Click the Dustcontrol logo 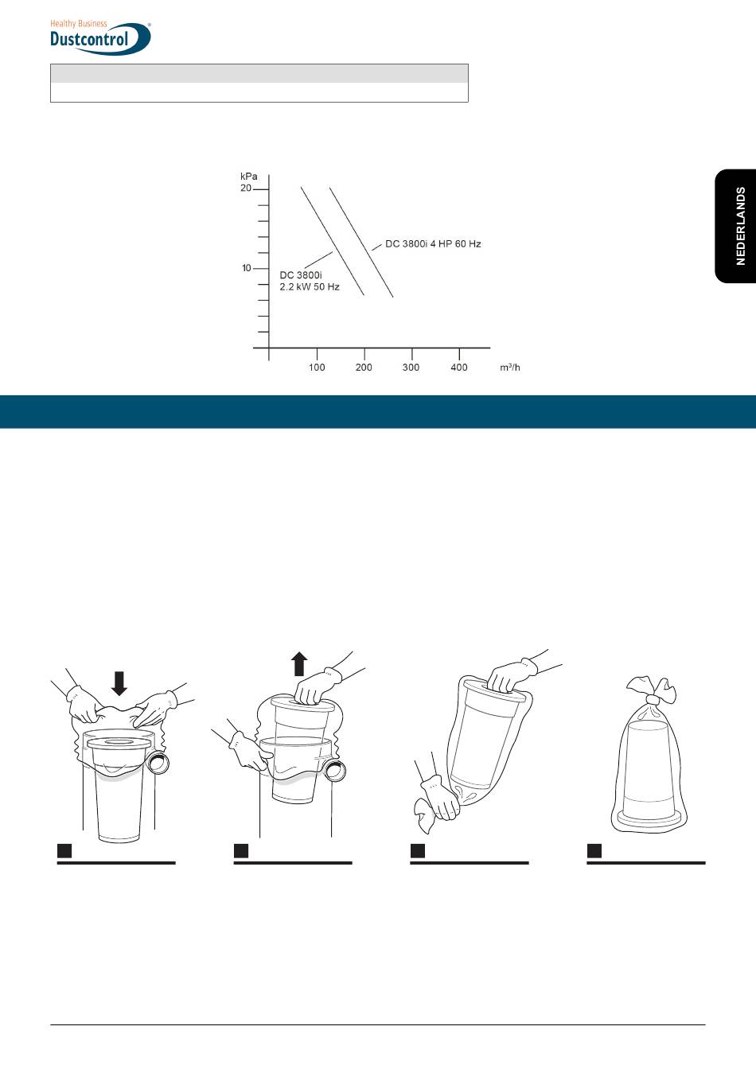coord(100,37)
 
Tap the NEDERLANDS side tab coord(735,226)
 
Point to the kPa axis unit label coord(248,177)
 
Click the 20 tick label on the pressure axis coord(245,188)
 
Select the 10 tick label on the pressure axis coord(247,268)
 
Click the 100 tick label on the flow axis coord(317,367)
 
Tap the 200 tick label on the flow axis coord(364,367)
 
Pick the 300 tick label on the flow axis coord(411,367)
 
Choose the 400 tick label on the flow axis coord(459,367)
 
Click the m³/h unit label coord(510,367)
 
